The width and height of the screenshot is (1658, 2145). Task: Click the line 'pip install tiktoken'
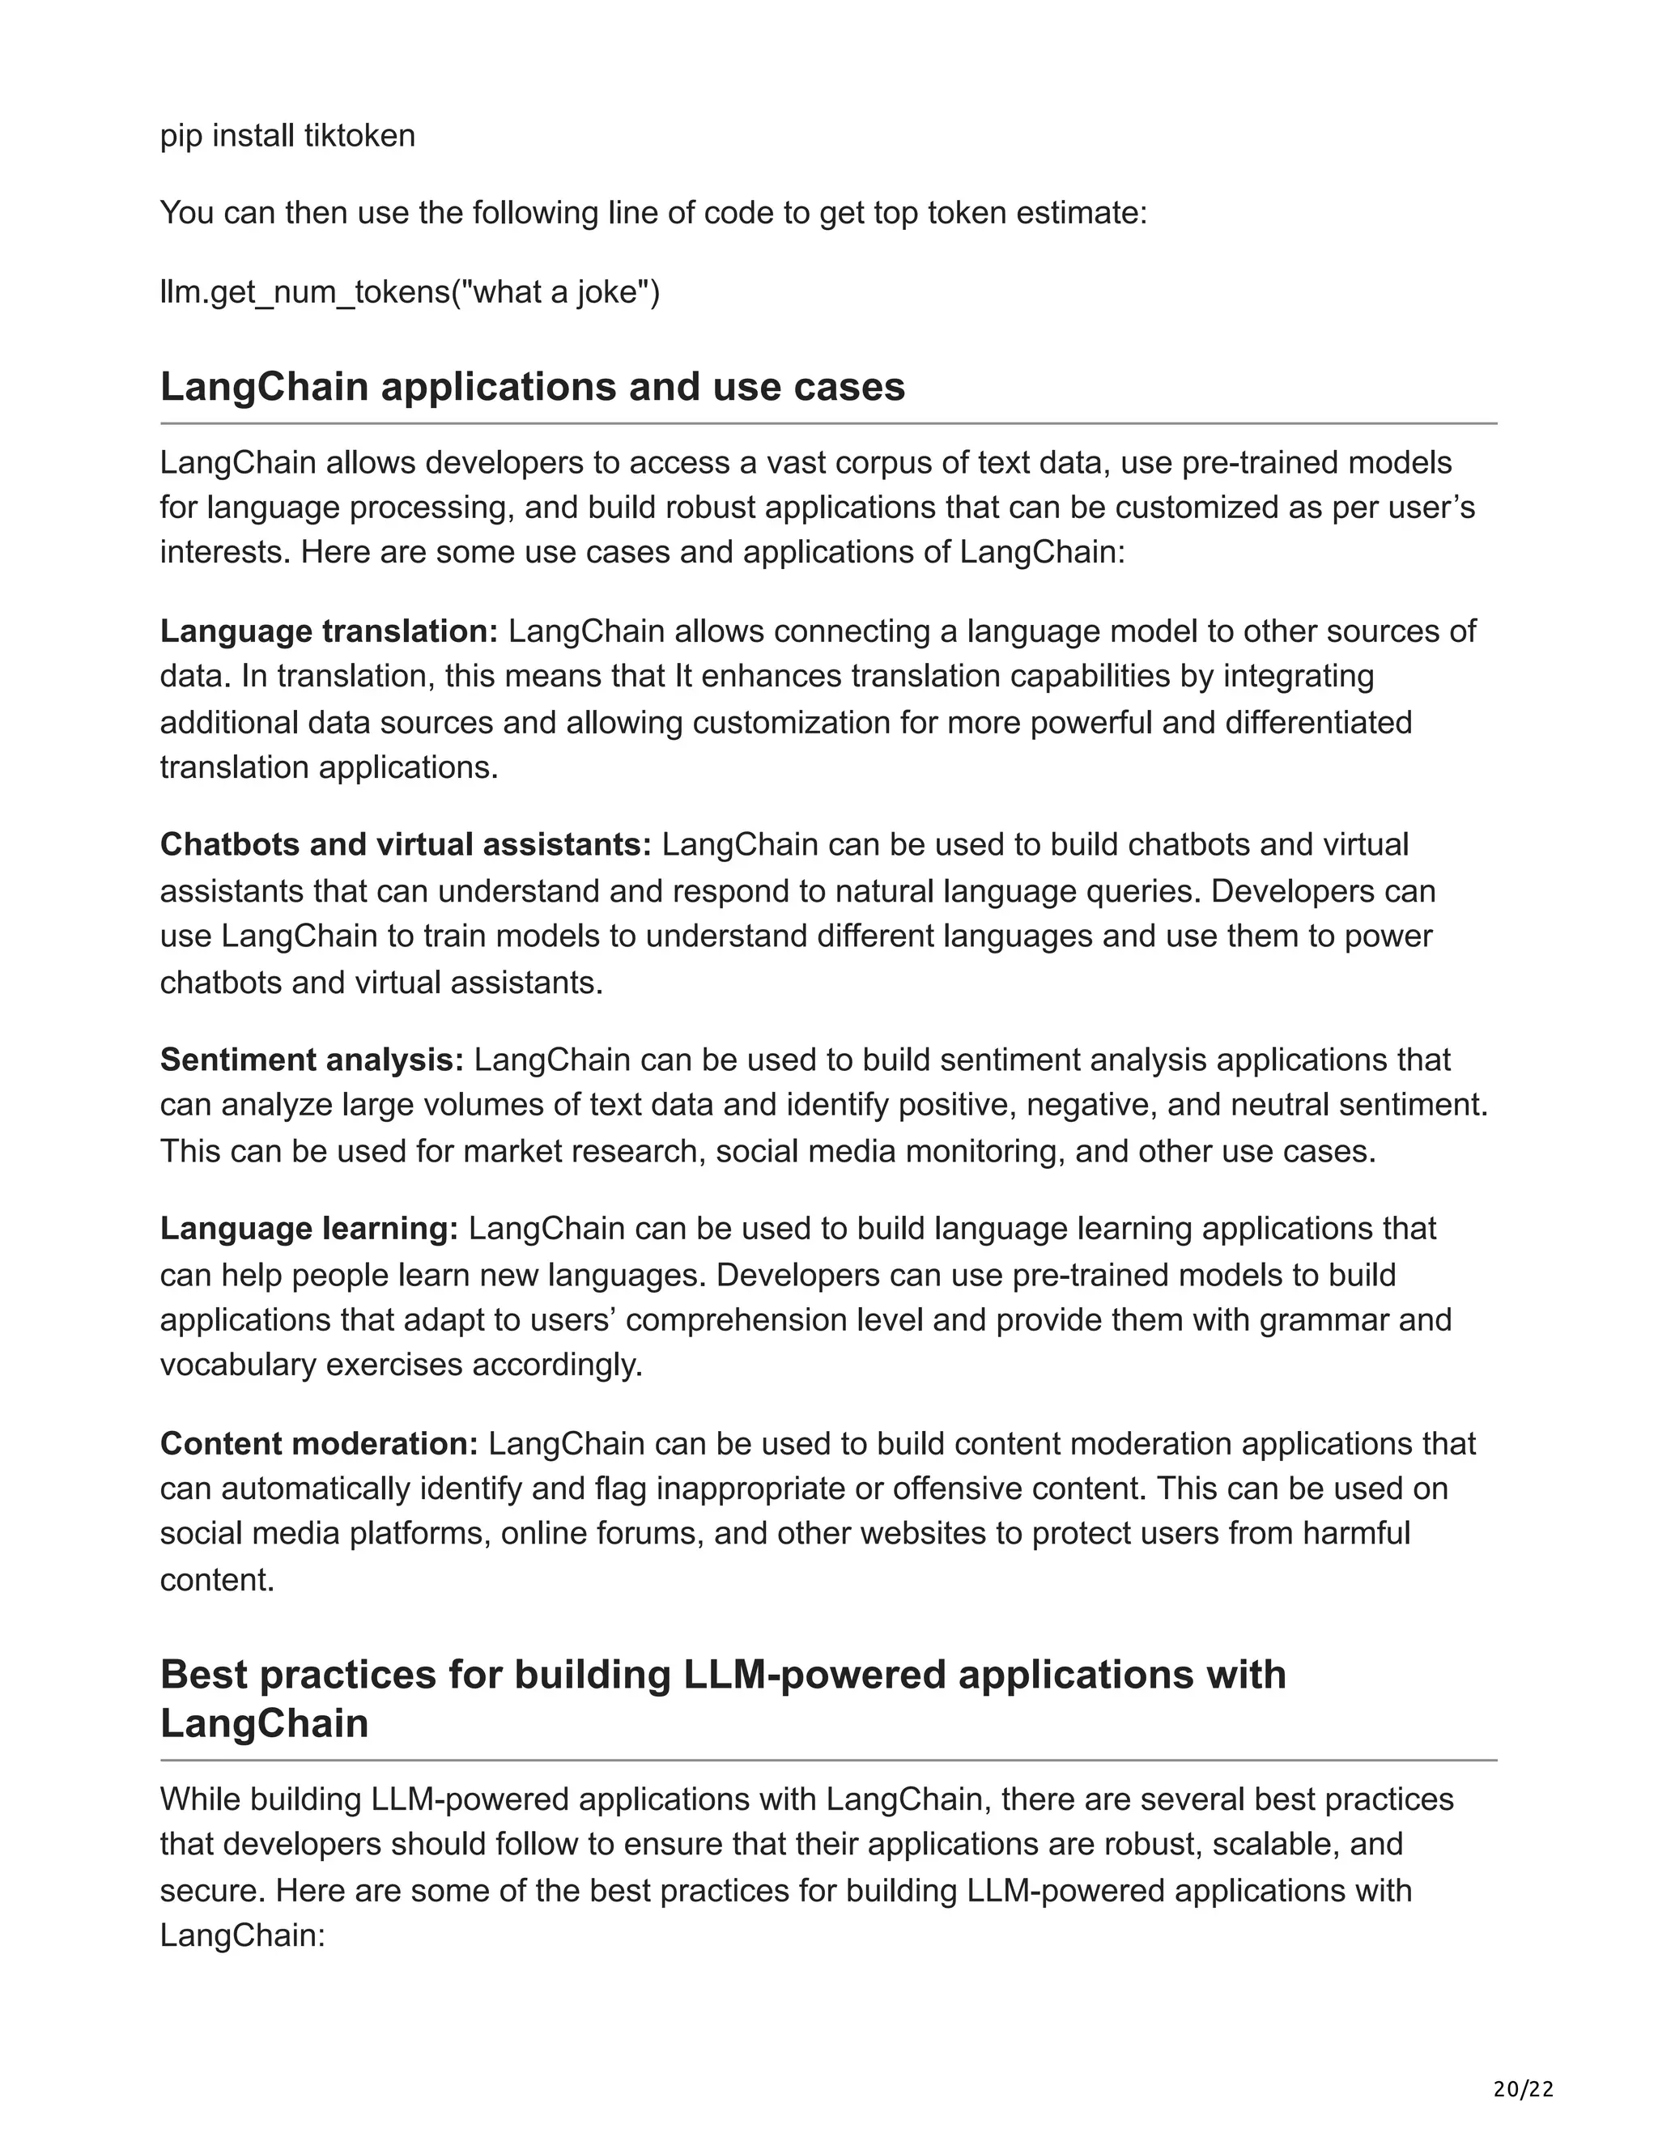tap(287, 135)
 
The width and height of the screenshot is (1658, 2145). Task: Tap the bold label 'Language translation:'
tap(329, 631)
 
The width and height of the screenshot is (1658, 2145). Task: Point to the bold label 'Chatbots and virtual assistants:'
tap(406, 844)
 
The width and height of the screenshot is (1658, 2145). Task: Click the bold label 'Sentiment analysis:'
tap(312, 1060)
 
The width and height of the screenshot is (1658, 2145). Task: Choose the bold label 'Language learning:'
tap(309, 1229)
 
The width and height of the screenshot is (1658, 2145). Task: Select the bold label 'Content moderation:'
tap(318, 1444)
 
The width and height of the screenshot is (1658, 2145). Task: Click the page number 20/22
tap(1524, 2089)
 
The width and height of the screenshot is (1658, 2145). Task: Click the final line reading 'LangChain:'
tap(241, 1936)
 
